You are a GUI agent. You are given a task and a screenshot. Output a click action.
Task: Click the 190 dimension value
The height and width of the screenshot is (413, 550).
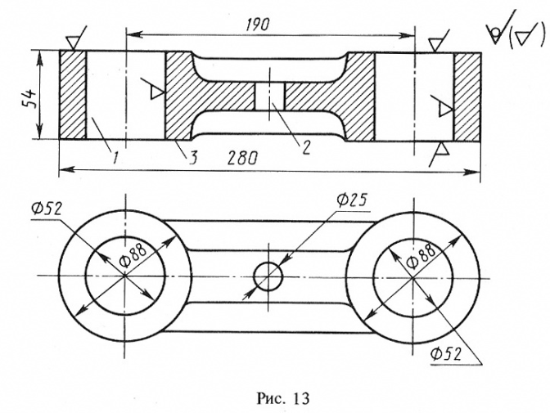click(258, 25)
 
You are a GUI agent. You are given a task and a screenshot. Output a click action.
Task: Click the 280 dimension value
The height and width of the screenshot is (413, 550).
click(242, 158)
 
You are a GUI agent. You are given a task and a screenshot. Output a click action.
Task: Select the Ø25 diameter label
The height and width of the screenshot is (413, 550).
click(351, 200)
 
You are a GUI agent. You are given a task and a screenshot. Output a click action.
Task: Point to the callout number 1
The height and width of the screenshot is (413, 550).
click(114, 158)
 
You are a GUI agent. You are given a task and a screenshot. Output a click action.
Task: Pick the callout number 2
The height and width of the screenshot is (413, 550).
click(306, 147)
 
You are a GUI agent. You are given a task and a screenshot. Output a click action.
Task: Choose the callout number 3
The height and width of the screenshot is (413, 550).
click(193, 158)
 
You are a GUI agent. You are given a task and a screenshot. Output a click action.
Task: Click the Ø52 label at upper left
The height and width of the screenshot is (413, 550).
click(47, 209)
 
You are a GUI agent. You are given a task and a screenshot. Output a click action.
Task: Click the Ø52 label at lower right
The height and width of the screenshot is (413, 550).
click(446, 354)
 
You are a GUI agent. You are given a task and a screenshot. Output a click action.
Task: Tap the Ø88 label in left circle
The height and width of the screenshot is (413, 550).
click(133, 255)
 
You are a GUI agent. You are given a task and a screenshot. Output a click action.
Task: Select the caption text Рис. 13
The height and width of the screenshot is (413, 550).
click(283, 398)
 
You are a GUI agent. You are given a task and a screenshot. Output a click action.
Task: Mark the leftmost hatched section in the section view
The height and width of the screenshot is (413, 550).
click(73, 95)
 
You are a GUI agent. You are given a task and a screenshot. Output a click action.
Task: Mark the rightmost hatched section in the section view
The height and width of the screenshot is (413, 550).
click(467, 97)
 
